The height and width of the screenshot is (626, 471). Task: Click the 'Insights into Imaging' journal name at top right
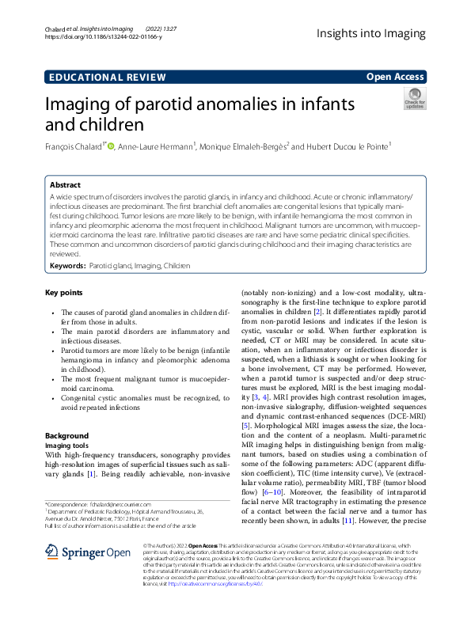[x=370, y=32]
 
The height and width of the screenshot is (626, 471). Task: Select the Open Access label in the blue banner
[x=395, y=77]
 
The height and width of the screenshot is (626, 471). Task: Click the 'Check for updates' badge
[x=414, y=101]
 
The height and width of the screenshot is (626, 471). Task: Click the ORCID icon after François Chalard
[x=112, y=146]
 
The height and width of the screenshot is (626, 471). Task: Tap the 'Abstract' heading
[x=65, y=184]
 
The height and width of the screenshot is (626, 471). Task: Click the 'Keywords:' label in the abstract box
[x=68, y=267]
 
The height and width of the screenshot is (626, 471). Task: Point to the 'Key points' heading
[x=64, y=293]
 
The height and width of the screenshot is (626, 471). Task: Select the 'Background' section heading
[x=66, y=435]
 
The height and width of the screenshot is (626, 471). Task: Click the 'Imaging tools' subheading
[x=67, y=446]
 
